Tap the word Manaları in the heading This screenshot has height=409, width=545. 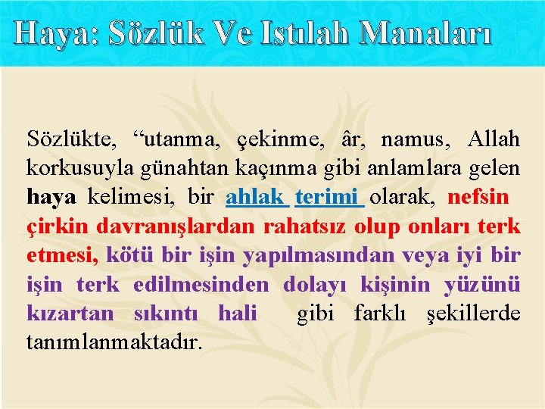[425, 33]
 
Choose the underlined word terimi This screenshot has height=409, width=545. [327, 198]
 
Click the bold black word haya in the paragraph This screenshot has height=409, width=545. [51, 198]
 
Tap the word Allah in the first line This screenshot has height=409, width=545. [494, 139]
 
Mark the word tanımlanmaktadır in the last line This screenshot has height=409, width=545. [114, 342]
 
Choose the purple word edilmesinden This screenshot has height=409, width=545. [201, 284]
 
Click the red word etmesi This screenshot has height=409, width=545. [60, 256]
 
